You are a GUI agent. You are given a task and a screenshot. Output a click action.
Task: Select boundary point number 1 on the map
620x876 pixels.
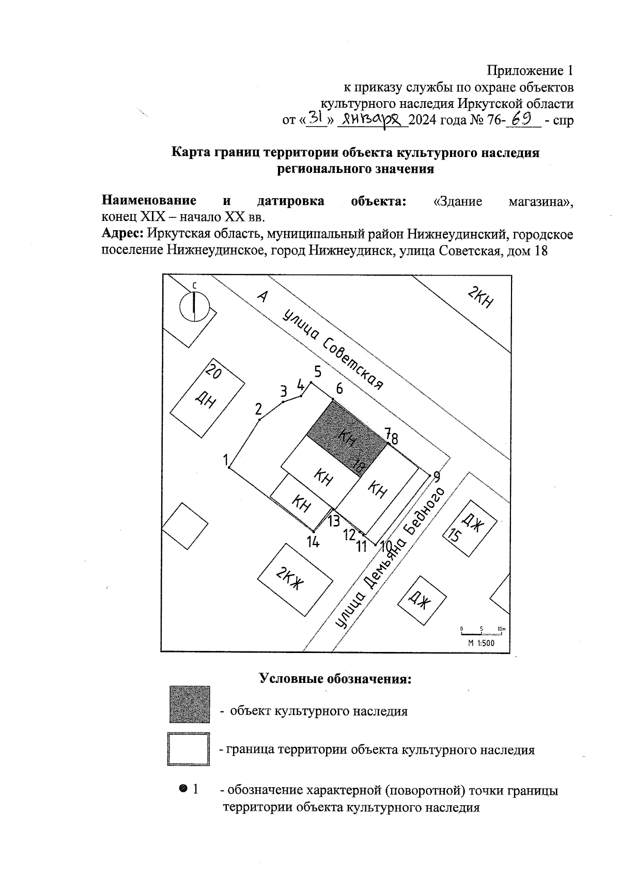pyautogui.click(x=229, y=468)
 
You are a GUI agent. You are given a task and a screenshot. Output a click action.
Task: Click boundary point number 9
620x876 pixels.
pyautogui.click(x=430, y=474)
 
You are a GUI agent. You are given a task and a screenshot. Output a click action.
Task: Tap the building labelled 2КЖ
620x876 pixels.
pyautogui.click(x=295, y=579)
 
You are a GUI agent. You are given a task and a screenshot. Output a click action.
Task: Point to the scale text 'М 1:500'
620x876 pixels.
pyautogui.click(x=481, y=643)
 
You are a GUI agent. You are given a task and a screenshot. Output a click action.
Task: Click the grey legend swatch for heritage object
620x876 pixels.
pyautogui.click(x=190, y=704)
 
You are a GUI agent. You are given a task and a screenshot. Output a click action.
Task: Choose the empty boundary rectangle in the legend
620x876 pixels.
pyautogui.click(x=189, y=748)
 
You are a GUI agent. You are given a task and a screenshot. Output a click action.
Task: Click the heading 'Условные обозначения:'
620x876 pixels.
pyautogui.click(x=335, y=678)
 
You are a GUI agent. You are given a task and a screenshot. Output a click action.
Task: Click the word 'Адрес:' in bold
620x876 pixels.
pyautogui.click(x=122, y=233)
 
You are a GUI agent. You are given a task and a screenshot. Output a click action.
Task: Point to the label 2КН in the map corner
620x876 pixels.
pyautogui.click(x=480, y=298)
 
